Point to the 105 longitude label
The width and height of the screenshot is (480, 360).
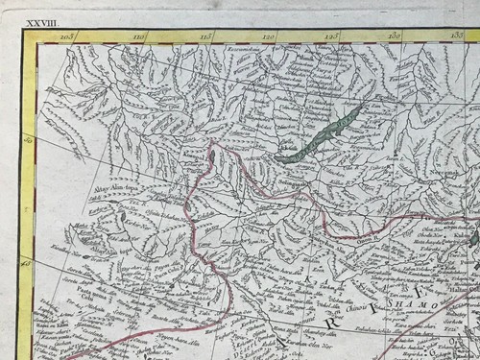click(66, 36)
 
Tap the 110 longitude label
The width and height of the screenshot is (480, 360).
click(138, 36)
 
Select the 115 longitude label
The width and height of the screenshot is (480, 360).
click(205, 36)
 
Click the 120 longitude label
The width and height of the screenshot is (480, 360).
click(269, 36)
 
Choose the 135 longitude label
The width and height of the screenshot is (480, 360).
click(456, 36)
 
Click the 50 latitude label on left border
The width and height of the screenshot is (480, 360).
click(30, 141)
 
